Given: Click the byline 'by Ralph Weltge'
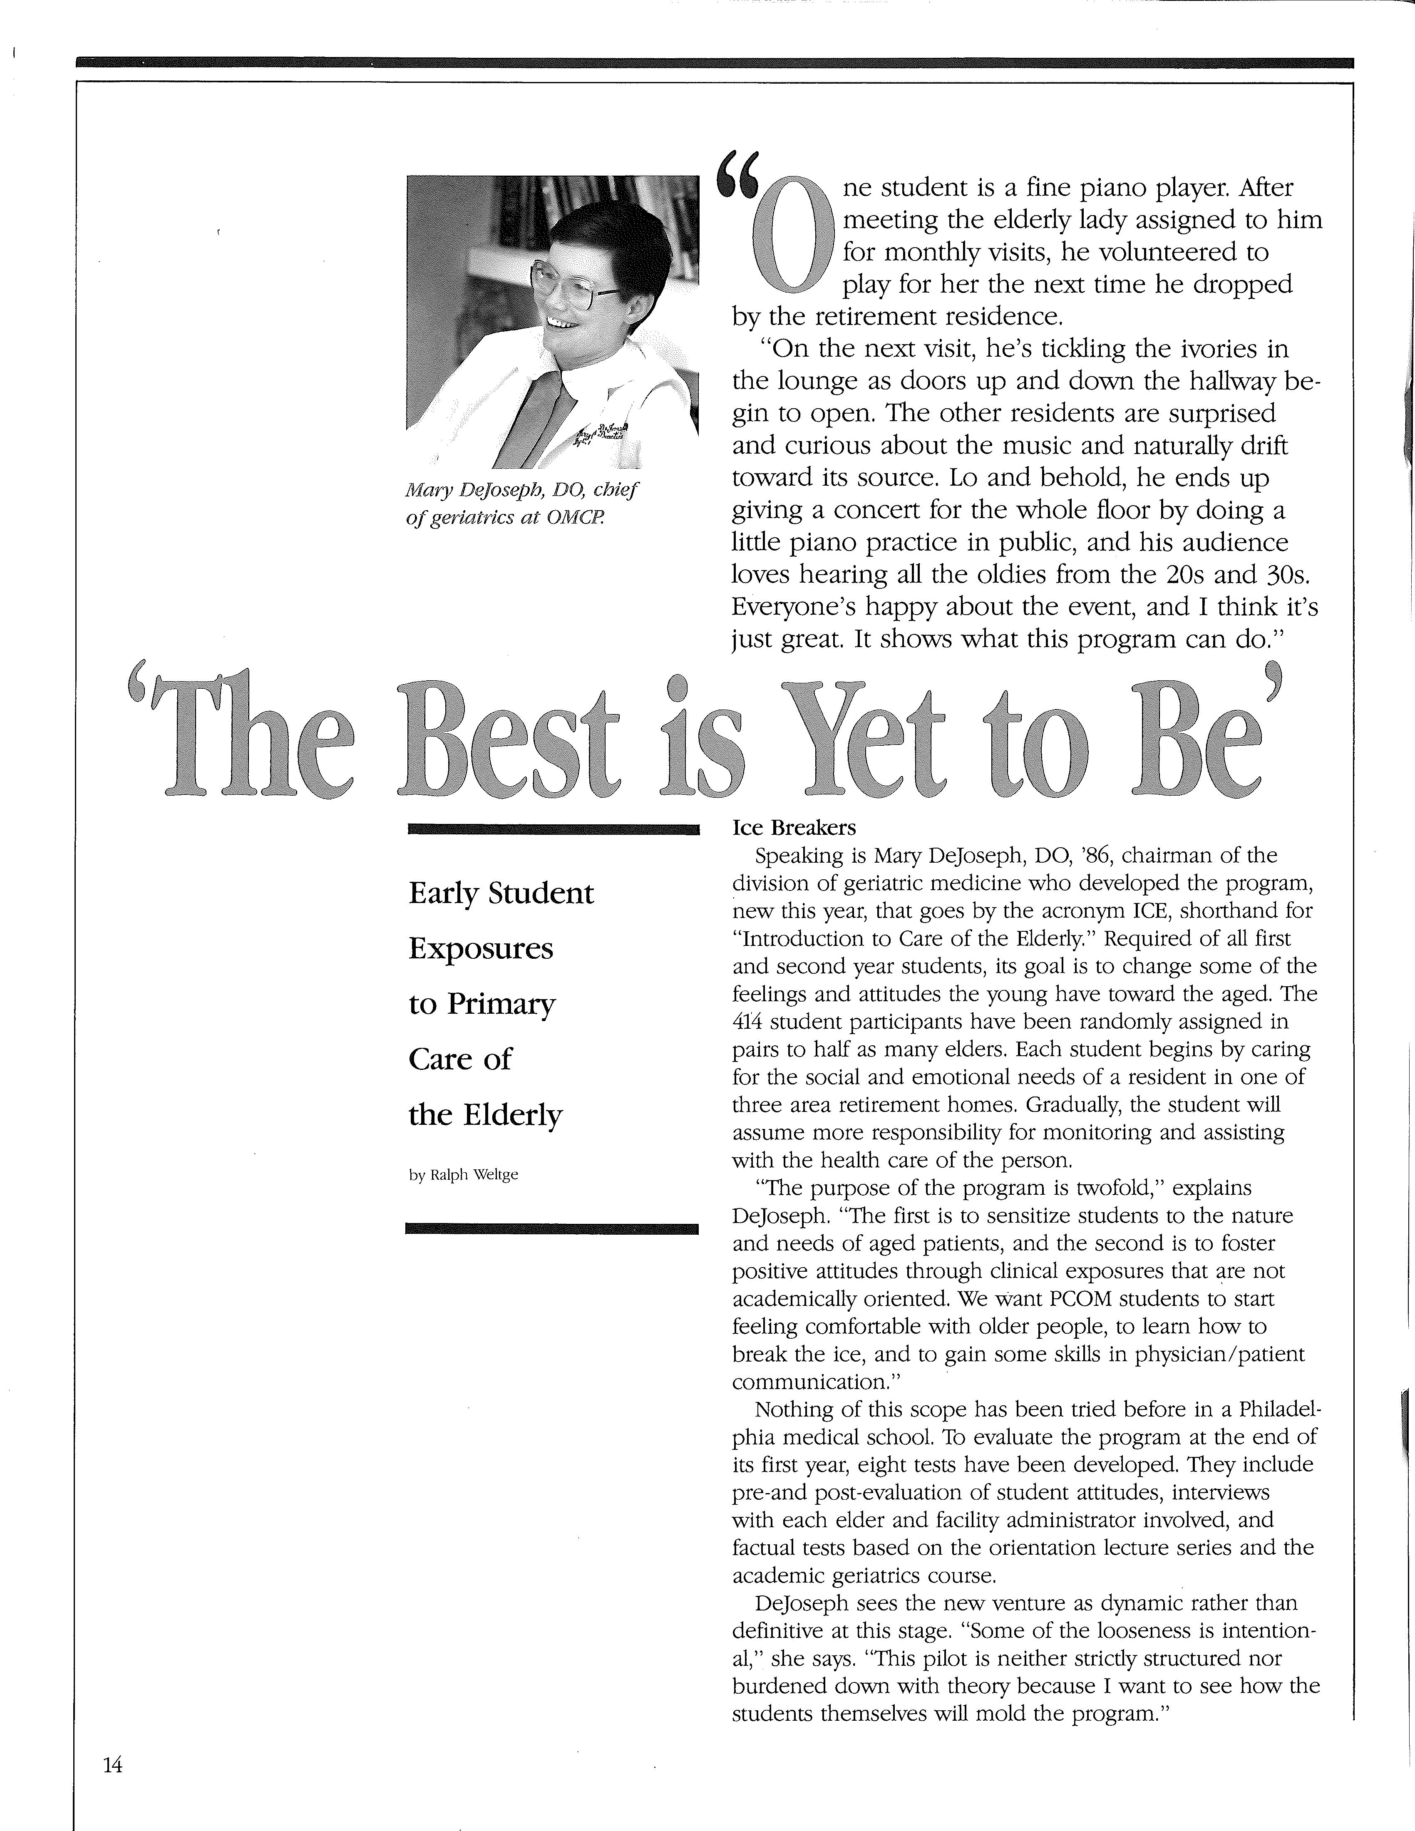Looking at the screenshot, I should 464,1175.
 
